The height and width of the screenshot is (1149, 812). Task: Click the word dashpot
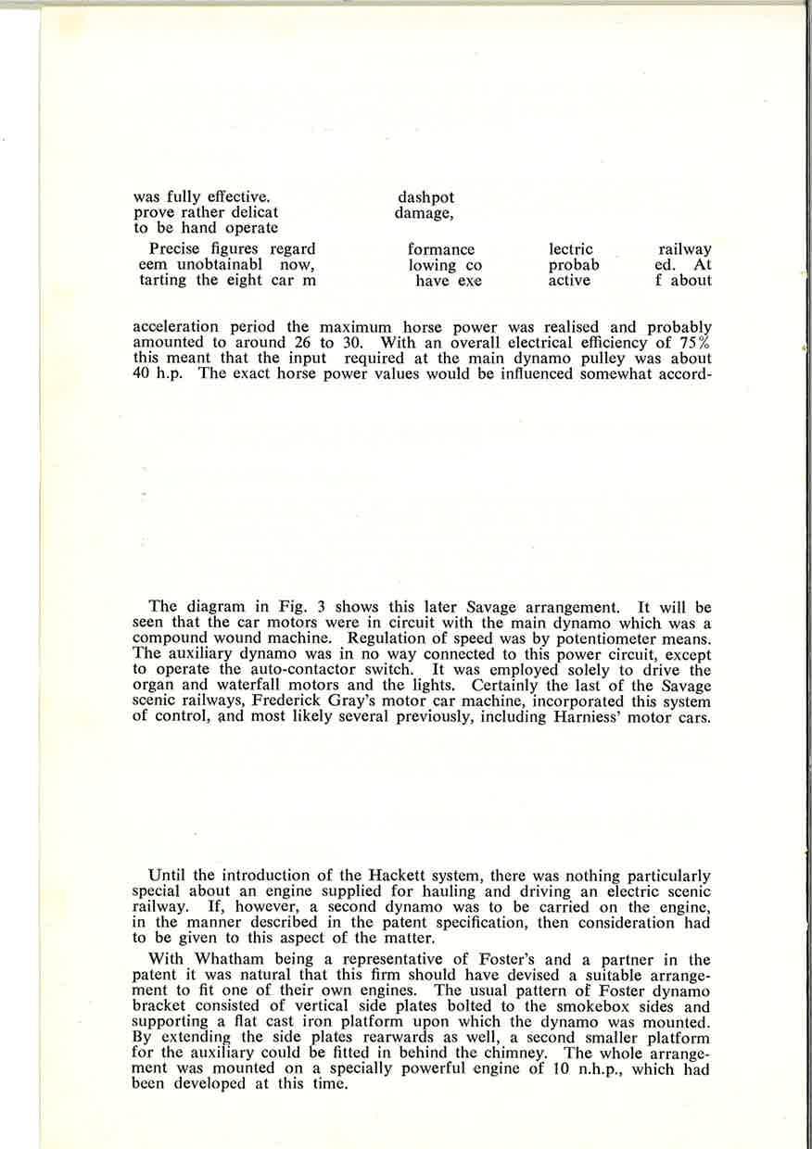click(x=425, y=197)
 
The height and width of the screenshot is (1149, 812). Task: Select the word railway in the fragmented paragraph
click(x=684, y=249)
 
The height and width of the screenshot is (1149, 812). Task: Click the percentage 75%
click(x=694, y=343)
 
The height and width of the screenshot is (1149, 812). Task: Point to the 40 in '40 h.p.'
click(x=143, y=374)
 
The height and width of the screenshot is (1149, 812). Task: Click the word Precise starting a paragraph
click(x=176, y=249)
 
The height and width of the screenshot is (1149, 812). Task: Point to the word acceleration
click(x=176, y=327)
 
